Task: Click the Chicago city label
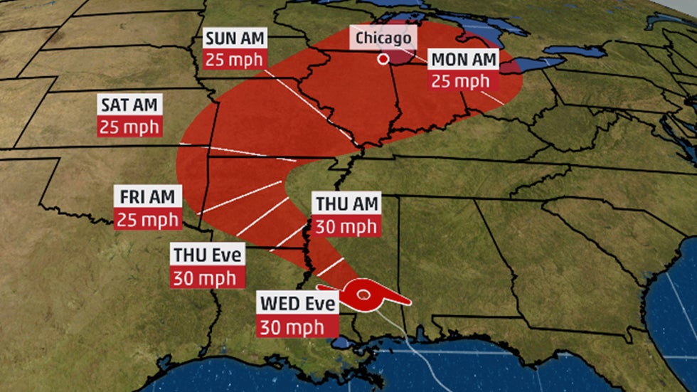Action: tap(383, 37)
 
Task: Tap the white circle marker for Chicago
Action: tap(383, 59)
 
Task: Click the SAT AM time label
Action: tap(130, 105)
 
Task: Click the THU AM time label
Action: tap(347, 203)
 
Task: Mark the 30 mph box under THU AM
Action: tap(347, 226)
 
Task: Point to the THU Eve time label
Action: tap(206, 254)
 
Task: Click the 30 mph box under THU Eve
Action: tap(206, 277)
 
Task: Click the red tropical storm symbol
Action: tap(364, 295)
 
